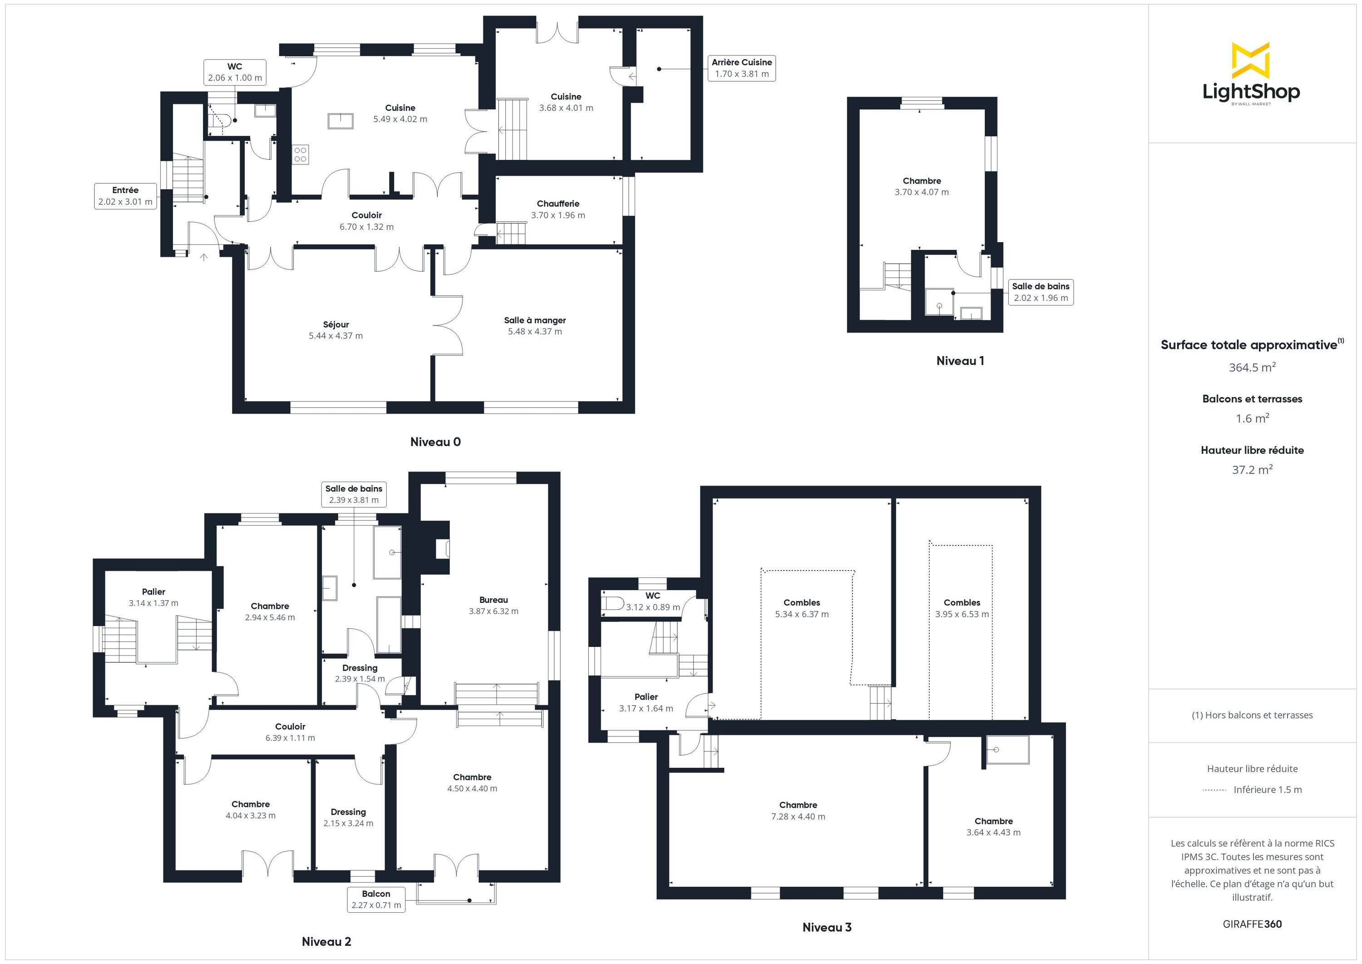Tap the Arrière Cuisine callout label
coord(741,68)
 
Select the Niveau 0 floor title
coord(435,442)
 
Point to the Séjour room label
coord(336,325)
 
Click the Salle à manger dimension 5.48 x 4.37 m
coord(534,332)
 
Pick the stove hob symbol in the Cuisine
coord(300,154)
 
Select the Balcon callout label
coord(376,899)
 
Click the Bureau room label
coord(493,600)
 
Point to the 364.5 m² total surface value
coord(1252,368)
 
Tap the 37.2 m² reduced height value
coord(1252,470)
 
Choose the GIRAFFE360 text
coord(1252,924)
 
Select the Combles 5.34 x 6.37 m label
coord(802,608)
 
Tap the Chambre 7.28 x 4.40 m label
coord(798,811)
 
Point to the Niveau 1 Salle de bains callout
coord(1041,292)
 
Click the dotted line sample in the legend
coord(1214,790)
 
